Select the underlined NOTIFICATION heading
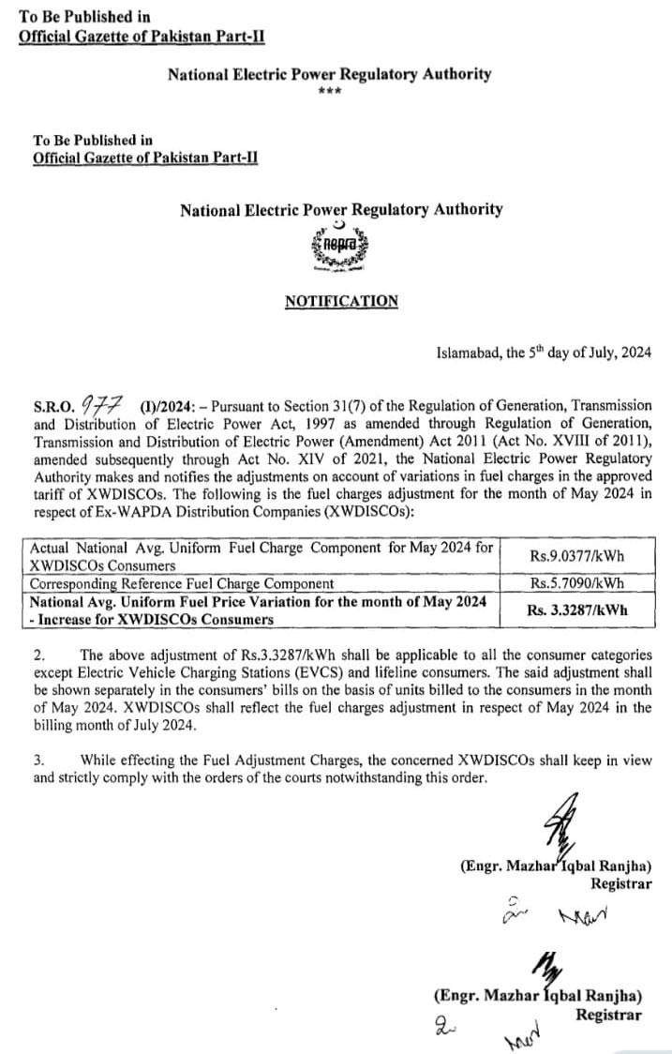pyautogui.click(x=341, y=301)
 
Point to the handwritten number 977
pyautogui.click(x=102, y=404)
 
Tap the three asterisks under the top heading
pyautogui.click(x=329, y=91)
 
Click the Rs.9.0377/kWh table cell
pyautogui.click(x=576, y=556)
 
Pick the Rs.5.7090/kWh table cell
pyautogui.click(x=576, y=583)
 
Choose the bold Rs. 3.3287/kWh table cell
pyautogui.click(x=576, y=610)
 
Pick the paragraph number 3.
pyautogui.click(x=37, y=760)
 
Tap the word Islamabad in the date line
pyautogui.click(x=470, y=354)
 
